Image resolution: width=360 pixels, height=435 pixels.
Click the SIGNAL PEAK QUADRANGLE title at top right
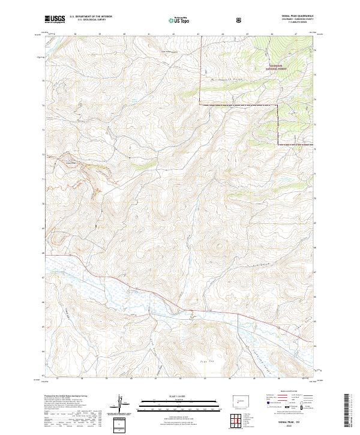[293, 17]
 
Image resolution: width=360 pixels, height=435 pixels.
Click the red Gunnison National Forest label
[277, 68]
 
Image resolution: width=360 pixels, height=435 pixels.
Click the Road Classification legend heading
[288, 390]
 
